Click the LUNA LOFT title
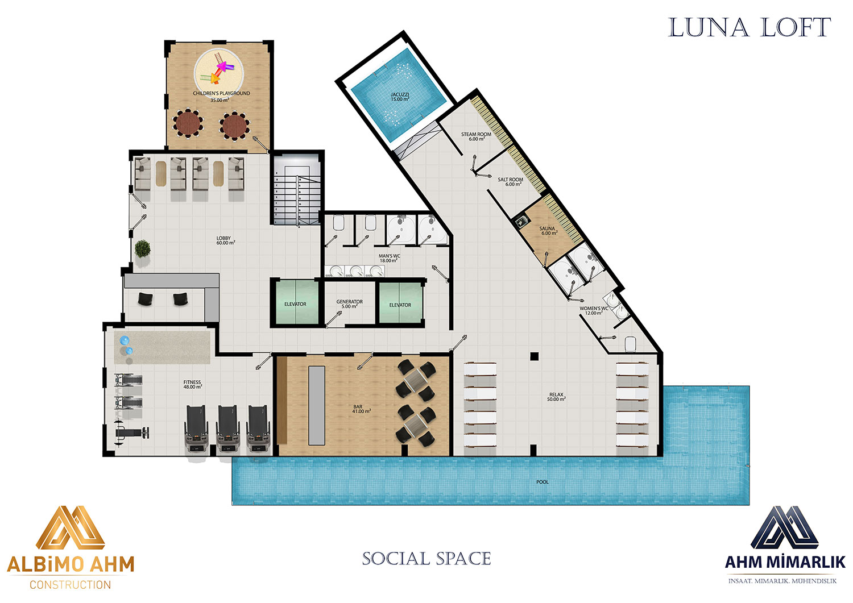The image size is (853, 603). [749, 27]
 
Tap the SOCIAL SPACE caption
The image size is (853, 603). [426, 559]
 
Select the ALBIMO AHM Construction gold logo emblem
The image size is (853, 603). [71, 527]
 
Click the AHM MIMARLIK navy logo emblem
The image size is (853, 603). [784, 527]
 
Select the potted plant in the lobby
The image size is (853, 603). [142, 249]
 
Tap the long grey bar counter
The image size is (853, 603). [316, 405]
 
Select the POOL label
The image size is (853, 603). [543, 482]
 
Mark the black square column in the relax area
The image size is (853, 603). [535, 356]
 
